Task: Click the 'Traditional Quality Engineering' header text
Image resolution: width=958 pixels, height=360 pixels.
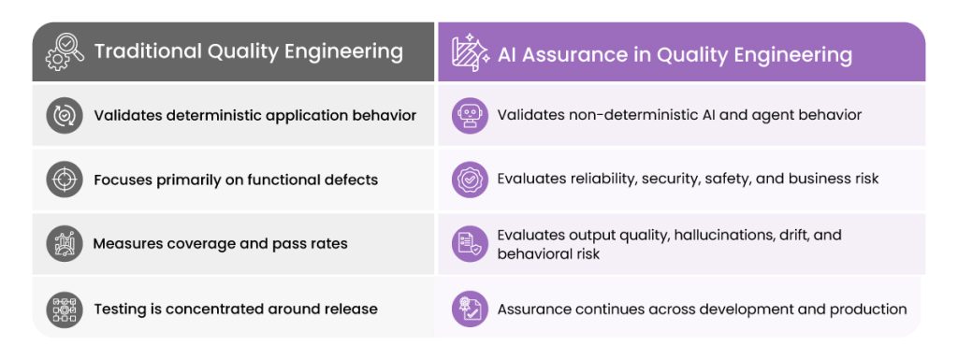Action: [x=248, y=51]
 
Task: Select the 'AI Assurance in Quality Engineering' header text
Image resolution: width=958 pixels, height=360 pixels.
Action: [x=675, y=55]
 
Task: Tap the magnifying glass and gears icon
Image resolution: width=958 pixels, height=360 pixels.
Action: [x=65, y=51]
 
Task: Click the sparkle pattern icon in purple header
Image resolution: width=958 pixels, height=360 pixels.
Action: [x=470, y=53]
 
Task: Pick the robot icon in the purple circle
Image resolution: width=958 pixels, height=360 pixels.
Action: [x=470, y=115]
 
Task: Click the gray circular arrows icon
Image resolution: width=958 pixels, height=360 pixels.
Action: [x=65, y=115]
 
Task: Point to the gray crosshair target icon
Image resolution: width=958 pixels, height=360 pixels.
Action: [x=65, y=180]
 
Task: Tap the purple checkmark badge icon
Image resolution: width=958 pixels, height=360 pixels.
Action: [x=470, y=180]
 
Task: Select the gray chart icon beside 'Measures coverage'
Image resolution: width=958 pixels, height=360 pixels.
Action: [x=65, y=243]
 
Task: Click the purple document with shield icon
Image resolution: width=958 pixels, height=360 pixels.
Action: [x=470, y=243]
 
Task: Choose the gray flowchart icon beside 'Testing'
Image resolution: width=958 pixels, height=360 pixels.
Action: [x=65, y=310]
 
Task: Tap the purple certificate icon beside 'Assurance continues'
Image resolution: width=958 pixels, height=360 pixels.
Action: [x=470, y=309]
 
